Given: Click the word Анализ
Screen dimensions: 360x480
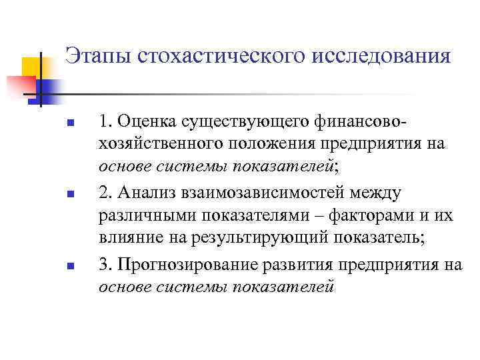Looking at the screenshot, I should (x=146, y=193).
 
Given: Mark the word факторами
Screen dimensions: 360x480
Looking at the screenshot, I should (x=361, y=216).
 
